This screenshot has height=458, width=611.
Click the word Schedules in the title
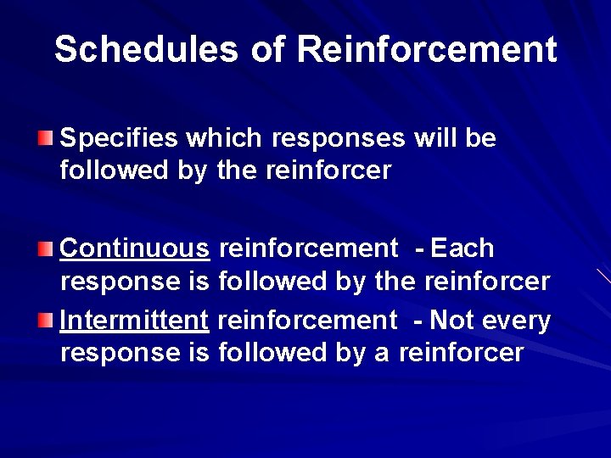coord(146,49)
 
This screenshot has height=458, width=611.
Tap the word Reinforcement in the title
coord(427,49)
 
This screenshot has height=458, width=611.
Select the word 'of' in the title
coord(268,49)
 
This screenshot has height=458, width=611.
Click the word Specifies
coord(119,138)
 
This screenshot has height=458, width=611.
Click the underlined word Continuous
coord(135,249)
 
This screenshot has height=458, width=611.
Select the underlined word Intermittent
coord(135,321)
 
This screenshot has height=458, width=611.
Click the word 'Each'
coord(462,249)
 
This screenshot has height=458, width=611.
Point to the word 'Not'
coord(451,321)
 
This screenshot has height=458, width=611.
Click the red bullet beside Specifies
coord(46,138)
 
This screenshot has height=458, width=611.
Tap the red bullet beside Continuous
coord(46,249)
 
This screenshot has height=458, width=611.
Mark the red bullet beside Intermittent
coord(46,321)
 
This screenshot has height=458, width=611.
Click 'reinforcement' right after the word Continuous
coord(308,249)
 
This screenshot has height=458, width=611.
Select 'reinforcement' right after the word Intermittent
coord(308,321)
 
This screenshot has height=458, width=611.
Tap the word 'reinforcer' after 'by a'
coord(461,352)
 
